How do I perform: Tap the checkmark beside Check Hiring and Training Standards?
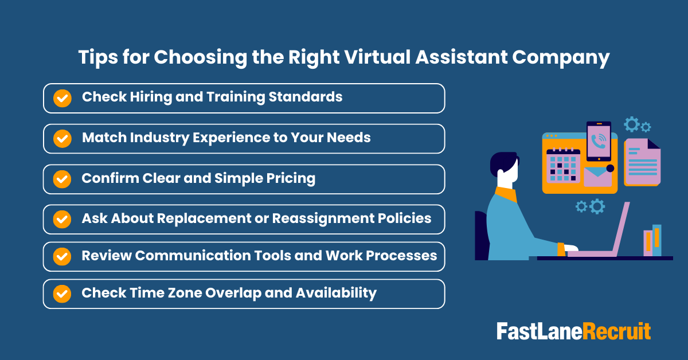(62, 98)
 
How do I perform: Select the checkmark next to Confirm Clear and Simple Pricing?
(62, 179)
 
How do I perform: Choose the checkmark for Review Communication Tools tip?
(62, 256)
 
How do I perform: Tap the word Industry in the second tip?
(148, 138)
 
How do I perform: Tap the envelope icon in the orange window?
(597, 175)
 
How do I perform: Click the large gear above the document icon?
(632, 124)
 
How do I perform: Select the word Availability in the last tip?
(336, 293)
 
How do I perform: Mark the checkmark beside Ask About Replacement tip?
(62, 219)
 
